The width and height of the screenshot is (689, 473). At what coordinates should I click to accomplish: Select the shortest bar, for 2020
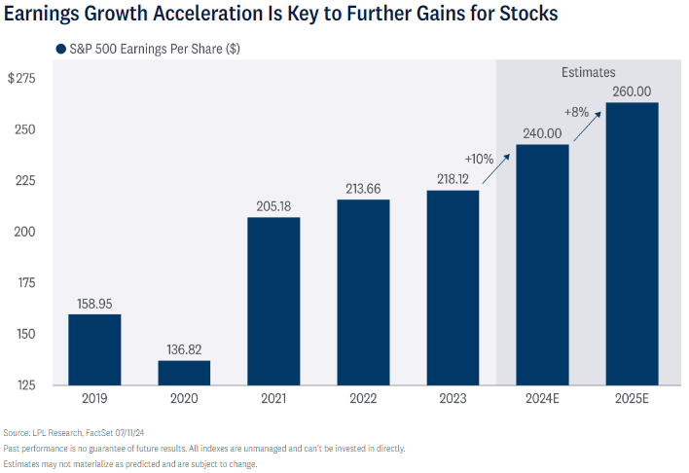coord(184,372)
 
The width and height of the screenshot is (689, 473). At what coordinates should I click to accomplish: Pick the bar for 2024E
coord(542,264)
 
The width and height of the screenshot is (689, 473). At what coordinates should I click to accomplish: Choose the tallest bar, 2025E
coord(632,243)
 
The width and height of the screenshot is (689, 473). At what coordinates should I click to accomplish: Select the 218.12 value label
coord(453,178)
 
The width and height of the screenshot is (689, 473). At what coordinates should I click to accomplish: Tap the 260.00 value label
coord(632,91)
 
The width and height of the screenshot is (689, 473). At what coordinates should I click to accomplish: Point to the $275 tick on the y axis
coord(21,79)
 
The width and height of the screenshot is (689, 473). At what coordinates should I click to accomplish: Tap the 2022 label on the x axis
coord(363,398)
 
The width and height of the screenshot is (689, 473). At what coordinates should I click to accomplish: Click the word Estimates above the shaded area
coord(588,72)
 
